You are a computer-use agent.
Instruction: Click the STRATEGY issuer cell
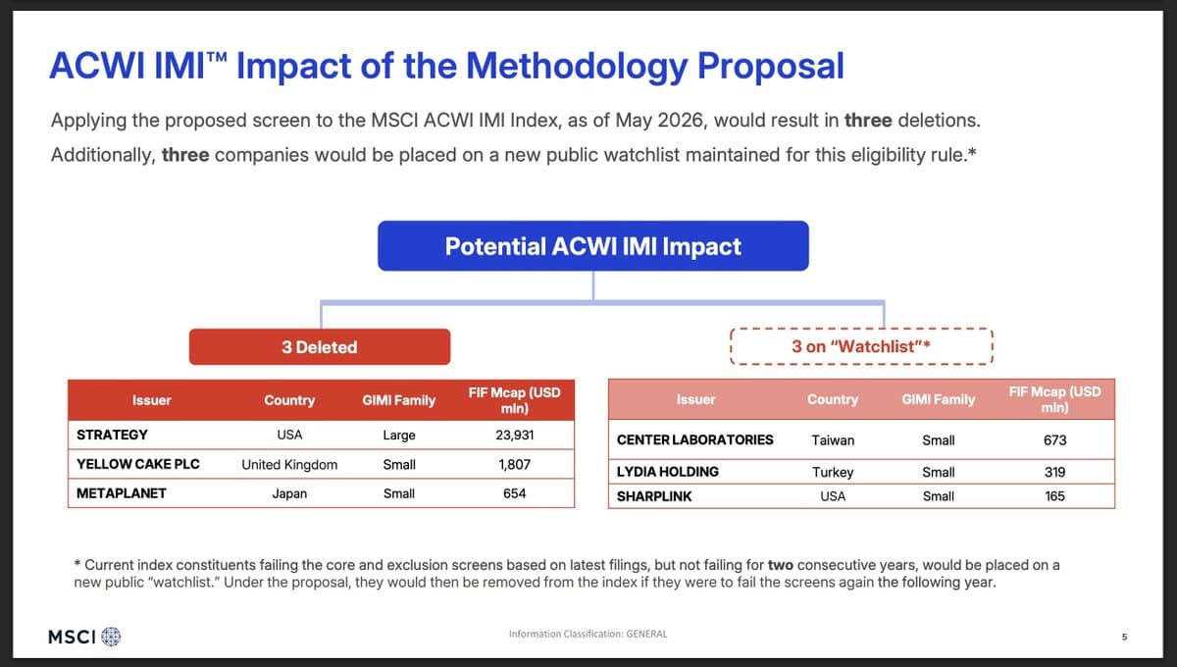click(x=112, y=435)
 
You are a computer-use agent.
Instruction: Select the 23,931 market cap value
click(x=514, y=435)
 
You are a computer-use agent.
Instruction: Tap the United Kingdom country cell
click(x=289, y=465)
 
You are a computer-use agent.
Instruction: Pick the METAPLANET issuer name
click(x=122, y=493)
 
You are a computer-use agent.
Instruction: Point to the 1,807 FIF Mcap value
click(x=514, y=464)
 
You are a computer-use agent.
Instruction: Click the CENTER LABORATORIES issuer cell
click(x=694, y=439)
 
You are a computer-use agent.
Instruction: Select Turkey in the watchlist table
click(x=833, y=472)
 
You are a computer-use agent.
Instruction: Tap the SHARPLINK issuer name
click(x=654, y=496)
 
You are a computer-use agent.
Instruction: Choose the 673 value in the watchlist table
click(x=1054, y=440)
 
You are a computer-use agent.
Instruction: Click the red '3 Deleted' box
click(x=320, y=347)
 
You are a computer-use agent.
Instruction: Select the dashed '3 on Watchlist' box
click(x=861, y=329)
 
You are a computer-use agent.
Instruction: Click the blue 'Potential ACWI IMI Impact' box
click(x=593, y=246)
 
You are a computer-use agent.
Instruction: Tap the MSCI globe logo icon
click(x=111, y=637)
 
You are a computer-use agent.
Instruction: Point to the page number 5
click(x=1124, y=637)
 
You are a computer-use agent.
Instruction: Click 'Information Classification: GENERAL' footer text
click(x=588, y=634)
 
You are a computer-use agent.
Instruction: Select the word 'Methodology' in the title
click(x=577, y=67)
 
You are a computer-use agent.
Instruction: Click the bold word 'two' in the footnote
click(x=781, y=565)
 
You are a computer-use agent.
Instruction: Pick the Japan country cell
click(x=289, y=493)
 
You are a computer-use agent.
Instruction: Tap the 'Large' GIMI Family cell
click(x=399, y=436)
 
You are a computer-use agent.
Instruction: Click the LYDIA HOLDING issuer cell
click(x=667, y=472)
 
